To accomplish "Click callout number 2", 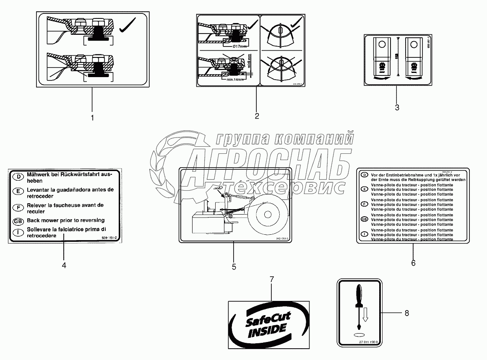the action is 256,116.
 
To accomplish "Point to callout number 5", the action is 234,267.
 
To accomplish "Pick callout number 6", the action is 413,263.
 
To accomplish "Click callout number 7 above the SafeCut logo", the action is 271,279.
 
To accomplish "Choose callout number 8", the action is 406,313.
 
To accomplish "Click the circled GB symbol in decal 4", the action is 18,221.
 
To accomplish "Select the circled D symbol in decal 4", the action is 18,177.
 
